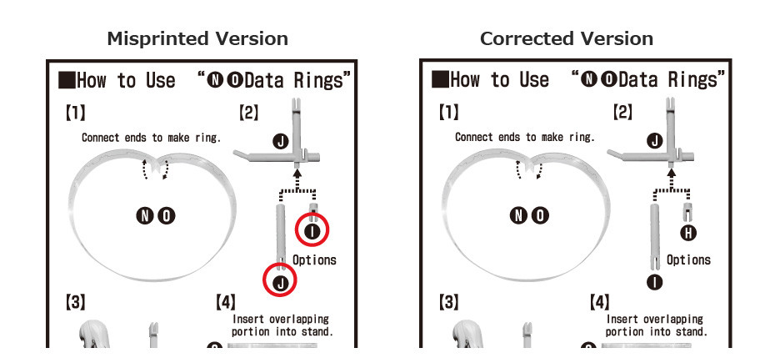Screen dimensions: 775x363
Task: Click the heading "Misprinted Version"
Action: click(x=197, y=38)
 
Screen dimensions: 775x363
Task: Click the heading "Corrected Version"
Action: click(x=567, y=38)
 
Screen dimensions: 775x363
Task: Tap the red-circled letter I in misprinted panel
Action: click(x=312, y=230)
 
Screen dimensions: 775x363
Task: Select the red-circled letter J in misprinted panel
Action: click(x=280, y=282)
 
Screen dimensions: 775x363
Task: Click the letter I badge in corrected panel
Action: click(x=654, y=282)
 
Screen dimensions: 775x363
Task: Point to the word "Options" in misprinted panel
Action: click(x=314, y=260)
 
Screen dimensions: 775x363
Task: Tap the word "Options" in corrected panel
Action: click(x=688, y=260)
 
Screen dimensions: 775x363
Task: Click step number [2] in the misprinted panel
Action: click(x=248, y=113)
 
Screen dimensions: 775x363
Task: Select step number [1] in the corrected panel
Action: click(x=449, y=113)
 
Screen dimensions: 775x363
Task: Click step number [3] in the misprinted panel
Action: click(x=75, y=301)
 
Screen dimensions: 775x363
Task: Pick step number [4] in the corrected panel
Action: click(x=599, y=301)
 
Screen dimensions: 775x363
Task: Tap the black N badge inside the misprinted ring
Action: click(x=145, y=216)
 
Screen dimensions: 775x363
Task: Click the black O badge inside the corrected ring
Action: click(x=540, y=216)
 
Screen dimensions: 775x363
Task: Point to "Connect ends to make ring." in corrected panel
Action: click(x=525, y=137)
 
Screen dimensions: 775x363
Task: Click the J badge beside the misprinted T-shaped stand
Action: click(x=281, y=142)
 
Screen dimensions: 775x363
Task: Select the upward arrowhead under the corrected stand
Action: click(x=671, y=174)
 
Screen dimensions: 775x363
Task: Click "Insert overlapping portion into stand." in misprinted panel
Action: click(x=282, y=325)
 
